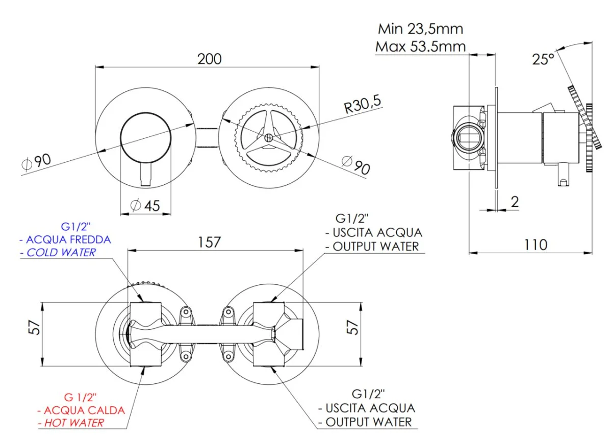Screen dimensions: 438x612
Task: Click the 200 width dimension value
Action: pos(210,59)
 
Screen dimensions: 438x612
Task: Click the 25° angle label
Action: pos(543,59)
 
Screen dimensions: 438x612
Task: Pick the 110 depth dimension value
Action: pos(535,245)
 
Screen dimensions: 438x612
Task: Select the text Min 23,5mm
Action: pos(421,29)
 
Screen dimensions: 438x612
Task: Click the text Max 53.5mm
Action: pos(421,46)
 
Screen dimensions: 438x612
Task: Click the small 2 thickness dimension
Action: pos(515,202)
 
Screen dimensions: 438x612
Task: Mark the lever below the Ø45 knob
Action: pos(146,175)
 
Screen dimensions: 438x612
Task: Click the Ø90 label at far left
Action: pos(36,162)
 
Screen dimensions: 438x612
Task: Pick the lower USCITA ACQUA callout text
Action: pos(366,408)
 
